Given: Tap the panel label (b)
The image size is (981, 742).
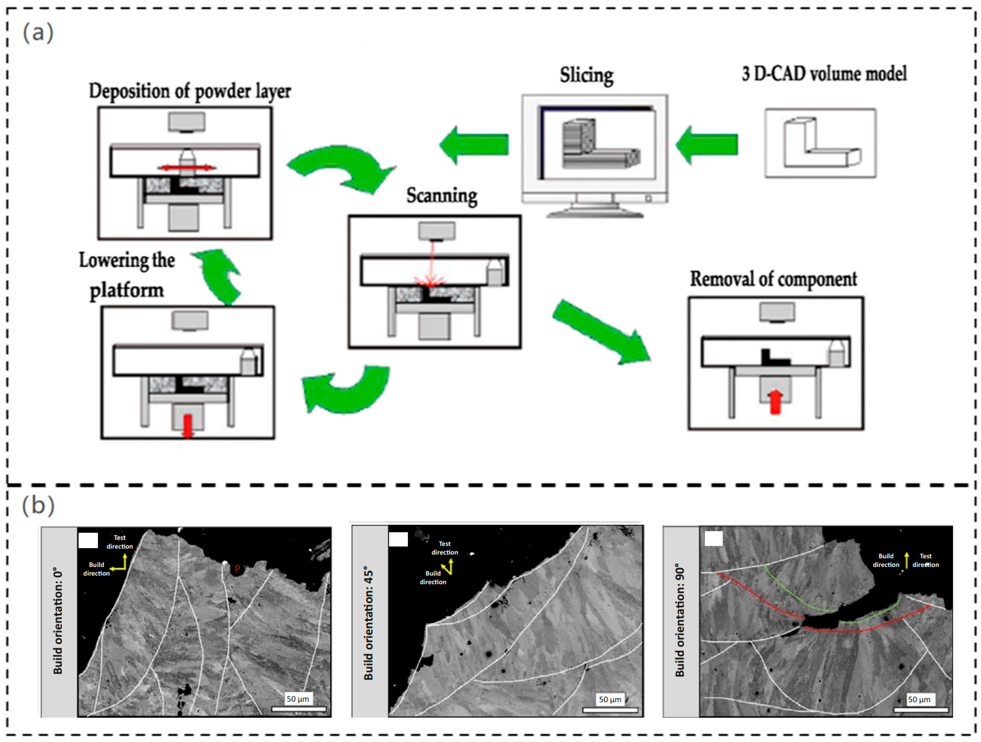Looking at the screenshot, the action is [x=38, y=505].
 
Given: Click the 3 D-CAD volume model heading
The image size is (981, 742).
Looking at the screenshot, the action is [x=824, y=74].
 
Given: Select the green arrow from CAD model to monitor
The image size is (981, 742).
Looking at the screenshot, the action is [x=707, y=145].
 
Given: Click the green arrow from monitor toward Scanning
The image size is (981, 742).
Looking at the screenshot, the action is [x=474, y=145].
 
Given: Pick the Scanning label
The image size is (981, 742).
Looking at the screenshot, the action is [x=442, y=196].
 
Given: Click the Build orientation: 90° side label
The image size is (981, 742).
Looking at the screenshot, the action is [x=680, y=620].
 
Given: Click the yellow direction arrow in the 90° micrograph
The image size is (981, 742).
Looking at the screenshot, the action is [x=907, y=560].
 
